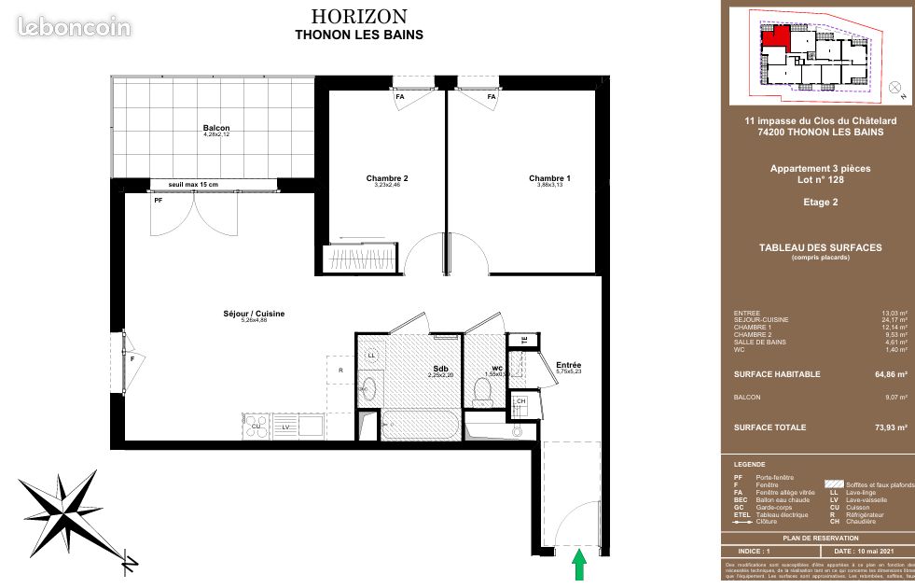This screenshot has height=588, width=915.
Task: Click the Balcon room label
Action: pyautogui.click(x=216, y=129)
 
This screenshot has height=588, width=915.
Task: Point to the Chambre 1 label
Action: pyautogui.click(x=549, y=178)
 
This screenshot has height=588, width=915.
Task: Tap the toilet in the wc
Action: pyautogui.click(x=483, y=388)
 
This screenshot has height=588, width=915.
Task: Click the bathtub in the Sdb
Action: pyautogui.click(x=420, y=427)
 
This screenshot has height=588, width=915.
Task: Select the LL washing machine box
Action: pyautogui.click(x=370, y=356)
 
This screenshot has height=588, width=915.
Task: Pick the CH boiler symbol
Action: pyautogui.click(x=520, y=402)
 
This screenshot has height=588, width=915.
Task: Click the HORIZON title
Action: pyautogui.click(x=358, y=17)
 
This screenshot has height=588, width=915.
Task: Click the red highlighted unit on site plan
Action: pyautogui.click(x=774, y=38)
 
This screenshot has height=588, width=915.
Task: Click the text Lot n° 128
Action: pyautogui.click(x=819, y=181)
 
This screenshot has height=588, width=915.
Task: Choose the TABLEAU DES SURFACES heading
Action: pyautogui.click(x=819, y=247)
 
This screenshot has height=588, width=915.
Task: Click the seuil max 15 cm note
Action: pyautogui.click(x=193, y=184)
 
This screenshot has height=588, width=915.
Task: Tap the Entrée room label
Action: pyautogui.click(x=569, y=365)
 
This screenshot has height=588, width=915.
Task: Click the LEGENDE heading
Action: pyautogui.click(x=750, y=465)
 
